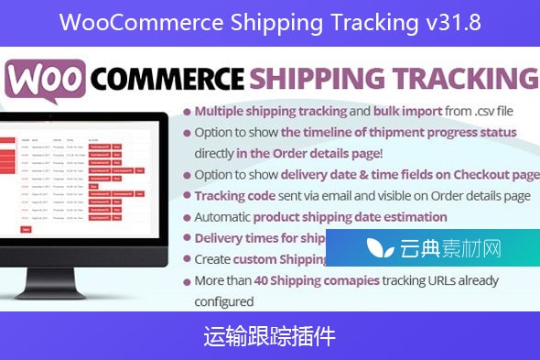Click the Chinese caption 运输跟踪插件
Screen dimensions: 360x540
pos(269,337)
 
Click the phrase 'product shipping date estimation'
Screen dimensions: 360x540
pos(350,217)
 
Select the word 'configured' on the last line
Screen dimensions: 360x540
pos(223,300)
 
